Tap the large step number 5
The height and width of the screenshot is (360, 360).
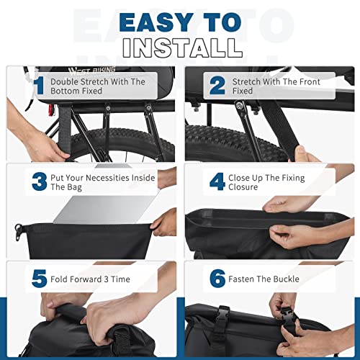[x=39, y=278]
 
